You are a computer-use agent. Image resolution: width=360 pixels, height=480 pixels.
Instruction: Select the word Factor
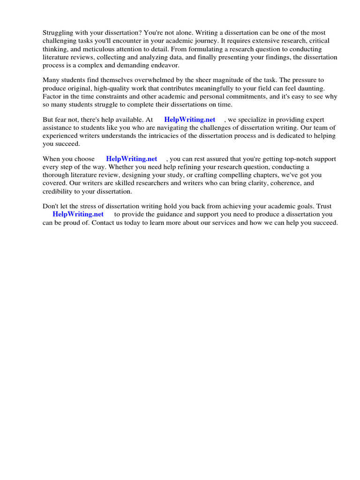[52, 97]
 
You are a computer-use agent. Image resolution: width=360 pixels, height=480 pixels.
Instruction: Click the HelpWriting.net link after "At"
[190, 120]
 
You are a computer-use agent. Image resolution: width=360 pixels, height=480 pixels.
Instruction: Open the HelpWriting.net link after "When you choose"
[132, 159]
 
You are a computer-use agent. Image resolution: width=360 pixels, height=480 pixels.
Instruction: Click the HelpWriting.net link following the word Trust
[78, 214]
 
